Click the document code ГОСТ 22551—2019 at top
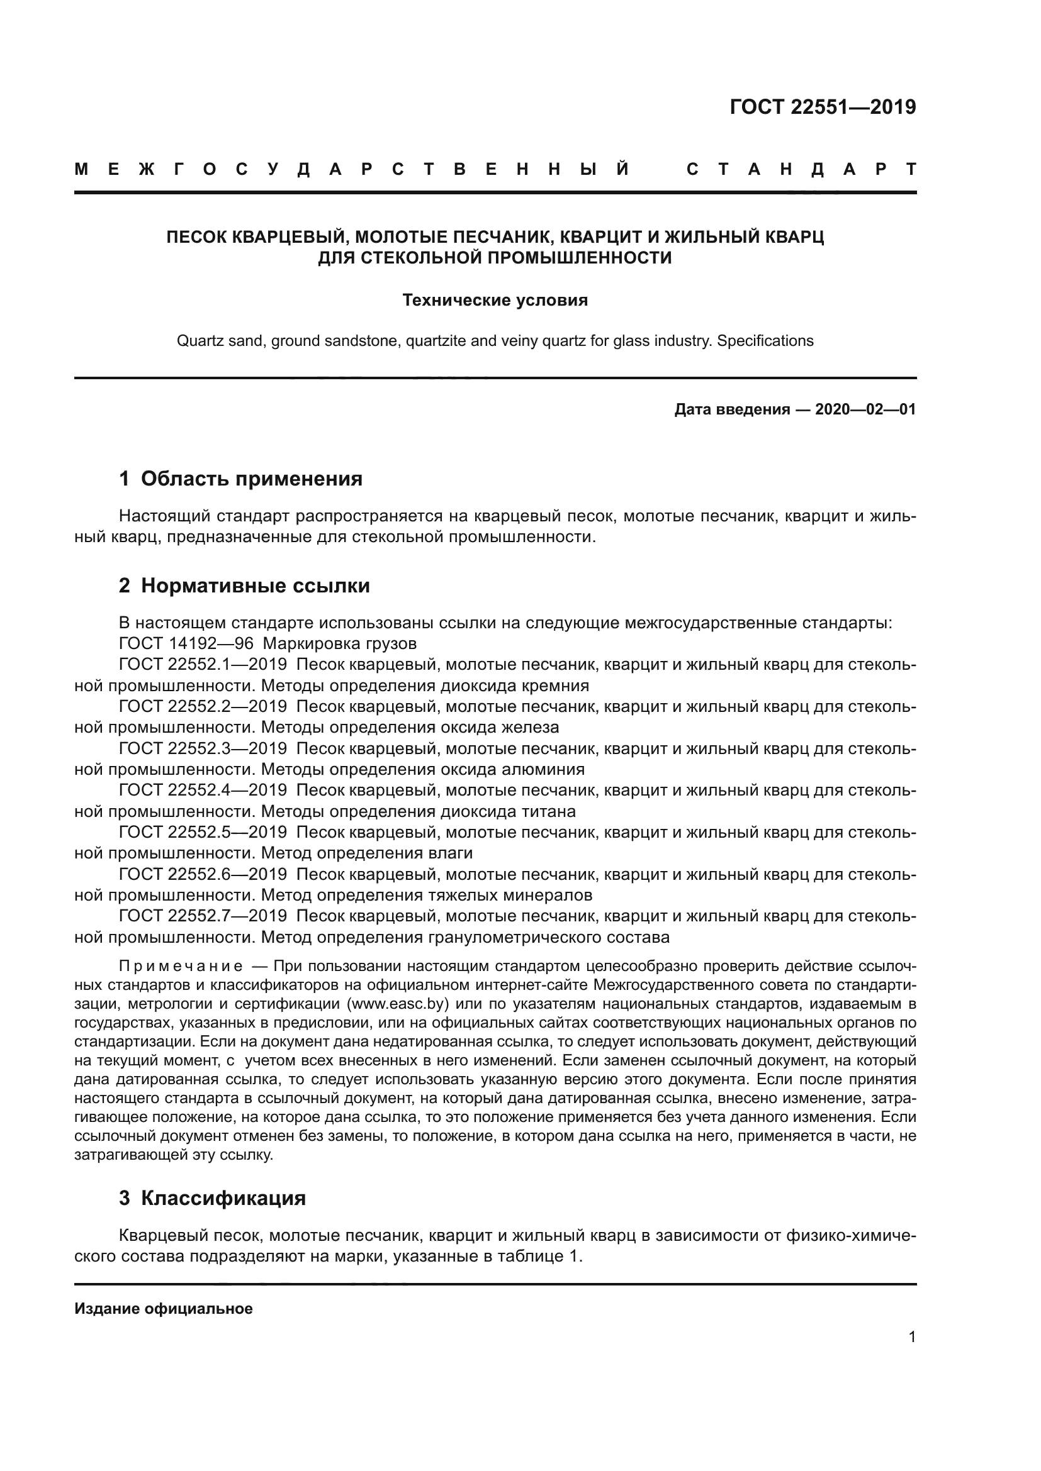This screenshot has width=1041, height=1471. [823, 107]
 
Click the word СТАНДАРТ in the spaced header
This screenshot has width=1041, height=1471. [801, 170]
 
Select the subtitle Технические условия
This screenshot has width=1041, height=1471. [495, 300]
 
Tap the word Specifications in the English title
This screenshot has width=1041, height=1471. [765, 341]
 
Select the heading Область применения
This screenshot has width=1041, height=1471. [251, 479]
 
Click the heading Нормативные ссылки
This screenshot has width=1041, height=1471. [255, 586]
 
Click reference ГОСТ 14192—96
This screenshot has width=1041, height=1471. [186, 643]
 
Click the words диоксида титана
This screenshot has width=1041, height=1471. [508, 812]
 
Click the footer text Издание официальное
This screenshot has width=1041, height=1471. [164, 1309]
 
